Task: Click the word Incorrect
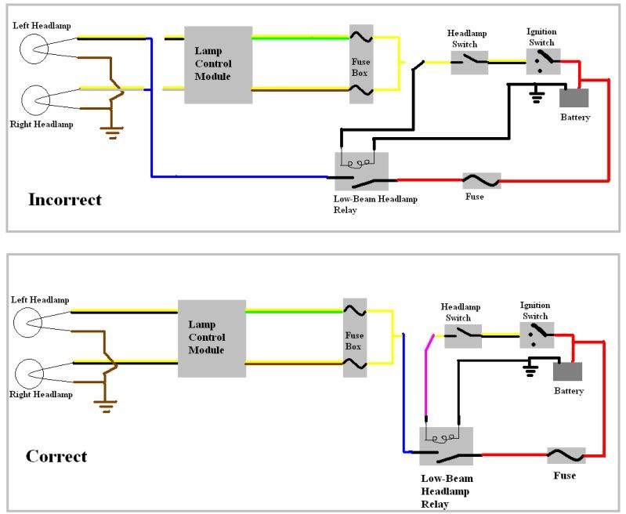point(65,200)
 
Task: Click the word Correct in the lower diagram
point(56,456)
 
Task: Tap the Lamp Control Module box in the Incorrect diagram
point(218,65)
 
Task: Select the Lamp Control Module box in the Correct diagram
point(212,338)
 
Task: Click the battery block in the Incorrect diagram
point(574,98)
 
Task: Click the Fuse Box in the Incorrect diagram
point(361,64)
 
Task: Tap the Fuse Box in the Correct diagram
point(355,338)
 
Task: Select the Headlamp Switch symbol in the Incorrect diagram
point(469,63)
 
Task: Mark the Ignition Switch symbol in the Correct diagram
point(537,335)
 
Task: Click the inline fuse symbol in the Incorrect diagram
point(482,181)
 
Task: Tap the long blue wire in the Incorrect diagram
point(235,176)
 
